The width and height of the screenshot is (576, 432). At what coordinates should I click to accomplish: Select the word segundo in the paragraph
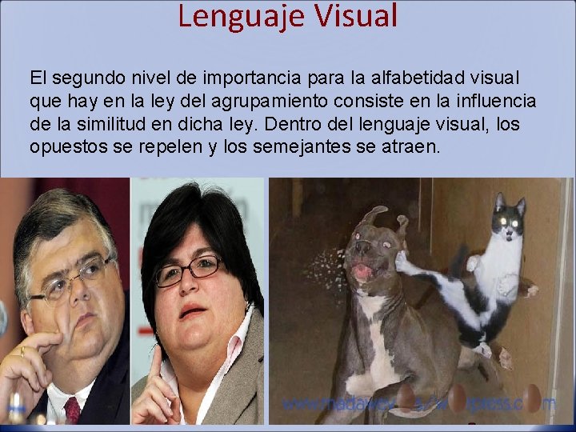coord(86,79)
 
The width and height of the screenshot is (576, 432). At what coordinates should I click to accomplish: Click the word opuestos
coord(62,148)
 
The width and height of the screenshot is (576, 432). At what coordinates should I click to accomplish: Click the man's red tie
coord(72,410)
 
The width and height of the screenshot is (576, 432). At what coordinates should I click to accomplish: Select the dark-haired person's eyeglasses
coord(187,270)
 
